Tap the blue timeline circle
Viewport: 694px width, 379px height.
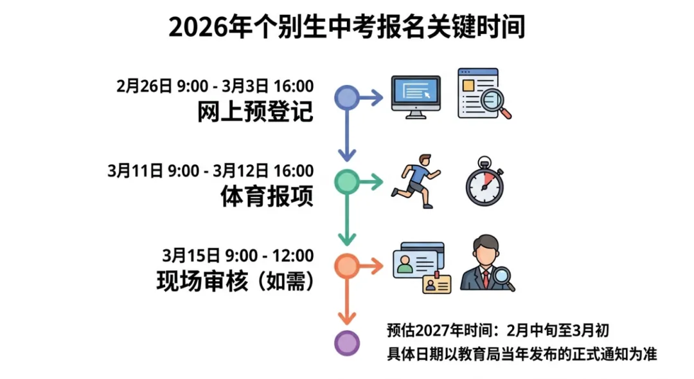tap(347, 98)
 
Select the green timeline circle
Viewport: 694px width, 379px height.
tap(347, 182)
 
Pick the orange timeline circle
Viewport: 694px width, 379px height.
tap(347, 266)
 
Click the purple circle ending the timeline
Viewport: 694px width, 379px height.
tap(347, 342)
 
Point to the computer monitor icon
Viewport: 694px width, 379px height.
tap(416, 97)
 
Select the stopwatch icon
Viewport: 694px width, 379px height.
tap(485, 181)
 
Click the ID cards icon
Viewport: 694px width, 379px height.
tap(422, 267)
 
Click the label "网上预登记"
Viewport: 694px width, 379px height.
tap(255, 112)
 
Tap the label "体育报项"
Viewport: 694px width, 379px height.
tap(267, 196)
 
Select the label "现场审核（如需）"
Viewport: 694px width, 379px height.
tap(235, 281)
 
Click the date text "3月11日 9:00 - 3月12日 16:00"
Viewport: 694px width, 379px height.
tap(210, 171)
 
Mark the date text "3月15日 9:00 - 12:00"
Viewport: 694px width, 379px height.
tap(238, 255)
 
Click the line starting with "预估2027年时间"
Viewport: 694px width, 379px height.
tap(497, 331)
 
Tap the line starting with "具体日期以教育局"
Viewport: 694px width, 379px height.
tap(521, 353)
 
